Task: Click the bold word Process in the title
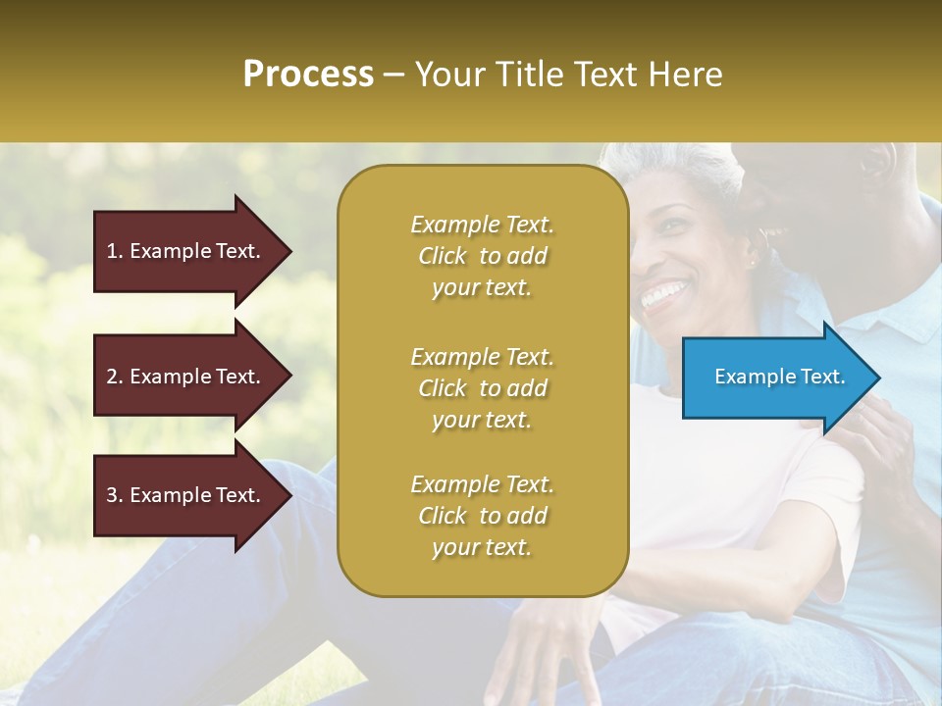click(308, 75)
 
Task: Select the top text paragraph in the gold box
click(482, 256)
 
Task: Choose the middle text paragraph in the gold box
click(482, 388)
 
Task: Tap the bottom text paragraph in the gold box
click(482, 516)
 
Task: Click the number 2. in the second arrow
click(115, 377)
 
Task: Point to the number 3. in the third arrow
click(115, 495)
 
